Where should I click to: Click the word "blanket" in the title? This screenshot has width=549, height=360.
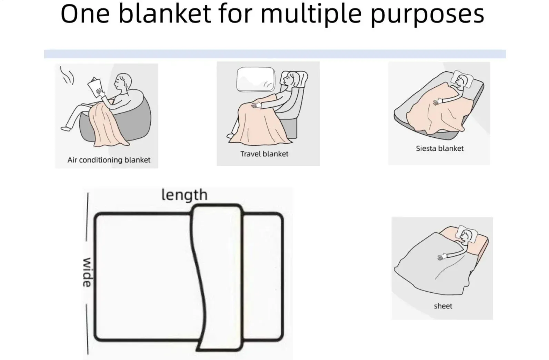click(x=164, y=14)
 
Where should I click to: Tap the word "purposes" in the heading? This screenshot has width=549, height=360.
click(x=427, y=15)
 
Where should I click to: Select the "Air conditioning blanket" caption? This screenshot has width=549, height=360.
click(x=109, y=160)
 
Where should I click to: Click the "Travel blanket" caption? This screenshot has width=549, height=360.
click(x=264, y=154)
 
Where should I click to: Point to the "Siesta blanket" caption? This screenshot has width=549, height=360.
click(x=440, y=148)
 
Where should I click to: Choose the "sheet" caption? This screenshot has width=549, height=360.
click(x=443, y=306)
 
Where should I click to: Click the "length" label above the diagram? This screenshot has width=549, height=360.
click(x=184, y=195)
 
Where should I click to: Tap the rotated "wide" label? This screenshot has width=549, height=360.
click(x=87, y=272)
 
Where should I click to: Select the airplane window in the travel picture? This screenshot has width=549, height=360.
click(x=256, y=79)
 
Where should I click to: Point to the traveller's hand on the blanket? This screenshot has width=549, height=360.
click(x=256, y=105)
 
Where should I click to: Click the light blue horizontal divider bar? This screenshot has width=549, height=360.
click(x=275, y=54)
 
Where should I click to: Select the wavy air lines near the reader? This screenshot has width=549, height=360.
click(x=67, y=75)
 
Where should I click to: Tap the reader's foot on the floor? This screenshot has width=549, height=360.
click(x=66, y=128)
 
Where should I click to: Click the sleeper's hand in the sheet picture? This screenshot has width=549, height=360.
click(x=442, y=256)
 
